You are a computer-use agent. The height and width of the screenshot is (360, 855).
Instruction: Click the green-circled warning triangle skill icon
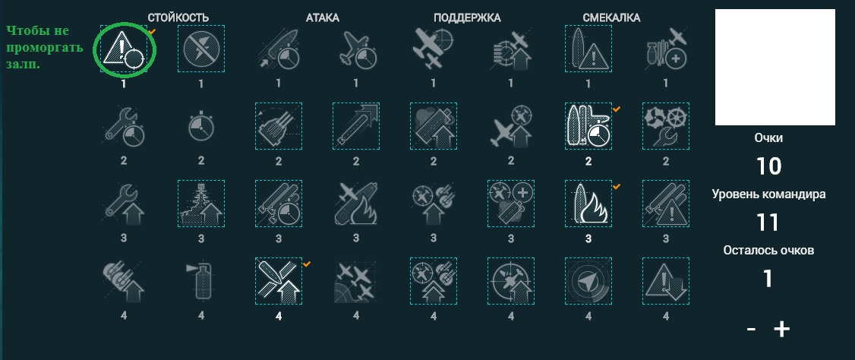(x=124, y=49)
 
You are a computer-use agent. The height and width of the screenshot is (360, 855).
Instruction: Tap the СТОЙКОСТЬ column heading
(x=178, y=18)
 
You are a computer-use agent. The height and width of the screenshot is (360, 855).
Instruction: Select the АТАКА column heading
(x=322, y=18)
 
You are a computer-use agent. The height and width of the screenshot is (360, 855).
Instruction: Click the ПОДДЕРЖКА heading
(x=467, y=18)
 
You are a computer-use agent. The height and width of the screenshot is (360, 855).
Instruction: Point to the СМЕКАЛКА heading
(x=611, y=18)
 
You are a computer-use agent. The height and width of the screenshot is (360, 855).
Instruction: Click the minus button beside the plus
(x=752, y=330)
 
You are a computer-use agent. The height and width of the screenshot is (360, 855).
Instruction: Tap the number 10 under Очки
(x=768, y=166)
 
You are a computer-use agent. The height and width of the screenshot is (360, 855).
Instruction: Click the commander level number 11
(x=767, y=223)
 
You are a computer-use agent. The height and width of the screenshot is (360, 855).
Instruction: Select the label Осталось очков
(x=768, y=251)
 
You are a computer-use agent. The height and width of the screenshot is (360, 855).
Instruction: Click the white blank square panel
(x=775, y=67)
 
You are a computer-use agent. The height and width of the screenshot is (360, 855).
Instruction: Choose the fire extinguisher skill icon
(x=201, y=282)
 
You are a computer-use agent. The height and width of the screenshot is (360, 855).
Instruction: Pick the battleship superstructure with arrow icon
(x=201, y=204)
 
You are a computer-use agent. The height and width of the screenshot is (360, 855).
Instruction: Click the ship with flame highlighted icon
(x=588, y=204)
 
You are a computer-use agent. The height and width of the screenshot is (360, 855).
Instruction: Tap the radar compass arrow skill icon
(x=588, y=281)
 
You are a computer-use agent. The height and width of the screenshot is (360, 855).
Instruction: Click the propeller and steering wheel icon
(x=666, y=126)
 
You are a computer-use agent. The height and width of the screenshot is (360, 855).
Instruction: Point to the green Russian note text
(x=45, y=47)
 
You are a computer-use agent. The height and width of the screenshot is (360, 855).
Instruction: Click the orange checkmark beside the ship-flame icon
(x=617, y=187)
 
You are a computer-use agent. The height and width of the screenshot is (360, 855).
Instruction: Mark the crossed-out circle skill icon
(x=201, y=49)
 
